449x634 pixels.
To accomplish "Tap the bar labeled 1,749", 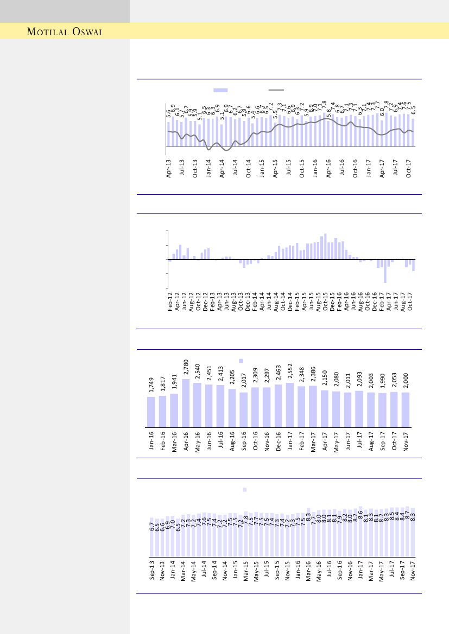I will coord(151,412).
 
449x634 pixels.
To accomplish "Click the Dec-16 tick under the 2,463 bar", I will coord(279,441).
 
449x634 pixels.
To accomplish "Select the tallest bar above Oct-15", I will coord(325,247).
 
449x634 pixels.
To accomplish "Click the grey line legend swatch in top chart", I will coord(276,91).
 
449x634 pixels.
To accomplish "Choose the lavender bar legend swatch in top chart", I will coord(220,91).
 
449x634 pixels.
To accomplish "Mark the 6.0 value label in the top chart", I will coord(382,112).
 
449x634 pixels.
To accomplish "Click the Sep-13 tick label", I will coord(151,571).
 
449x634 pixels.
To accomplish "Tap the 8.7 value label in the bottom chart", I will coord(407,516).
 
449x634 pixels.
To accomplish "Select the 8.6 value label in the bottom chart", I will coord(361,515).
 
